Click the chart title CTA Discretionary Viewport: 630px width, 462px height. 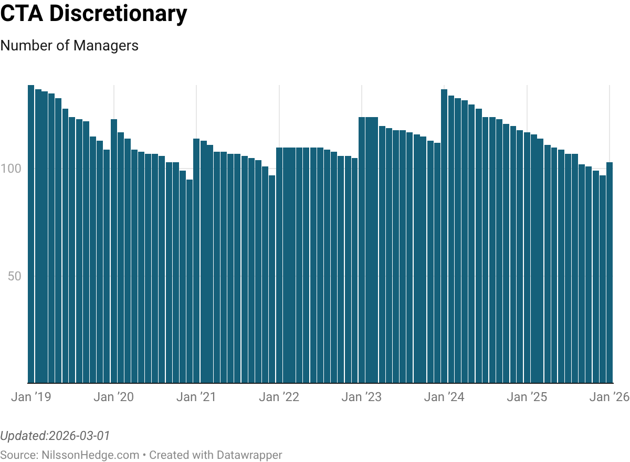pyautogui.click(x=93, y=14)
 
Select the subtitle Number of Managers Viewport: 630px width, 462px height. pyautogui.click(x=69, y=46)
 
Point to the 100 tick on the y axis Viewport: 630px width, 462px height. pyautogui.click(x=12, y=169)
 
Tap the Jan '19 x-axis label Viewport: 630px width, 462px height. pyautogui.click(x=31, y=397)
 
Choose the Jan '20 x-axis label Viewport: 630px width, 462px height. pyautogui.click(x=113, y=397)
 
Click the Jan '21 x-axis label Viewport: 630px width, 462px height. pyautogui.click(x=196, y=397)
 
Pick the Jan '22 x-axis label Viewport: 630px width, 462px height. pyautogui.click(x=279, y=397)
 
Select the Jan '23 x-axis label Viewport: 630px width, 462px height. pyautogui.click(x=362, y=397)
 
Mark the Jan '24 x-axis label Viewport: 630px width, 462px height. pyautogui.click(x=444, y=397)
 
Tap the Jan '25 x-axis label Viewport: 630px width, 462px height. pyautogui.click(x=527, y=397)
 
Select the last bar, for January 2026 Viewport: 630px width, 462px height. pyautogui.click(x=610, y=272)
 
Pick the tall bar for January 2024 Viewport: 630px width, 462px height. pyautogui.click(x=444, y=236)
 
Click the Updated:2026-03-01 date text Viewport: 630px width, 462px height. pyautogui.click(x=55, y=436)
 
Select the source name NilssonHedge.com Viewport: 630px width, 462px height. pyautogui.click(x=90, y=455)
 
